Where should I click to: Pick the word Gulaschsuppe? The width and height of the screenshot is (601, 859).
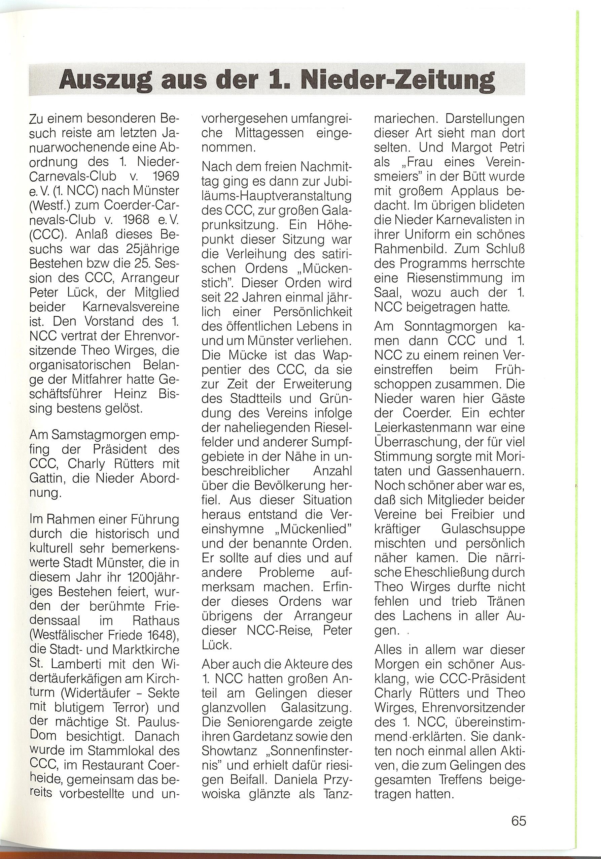click(483, 529)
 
